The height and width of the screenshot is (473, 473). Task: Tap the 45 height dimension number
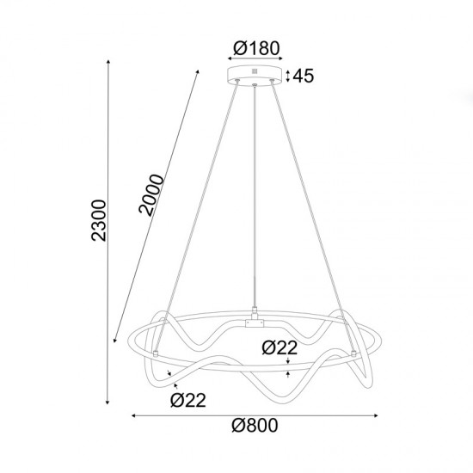click(303, 76)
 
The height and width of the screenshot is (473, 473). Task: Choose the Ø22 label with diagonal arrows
click(189, 399)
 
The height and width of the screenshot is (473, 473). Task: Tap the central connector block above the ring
click(255, 324)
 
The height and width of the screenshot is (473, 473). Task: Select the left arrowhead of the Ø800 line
click(134, 417)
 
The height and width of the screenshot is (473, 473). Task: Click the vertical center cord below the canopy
click(255, 198)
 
